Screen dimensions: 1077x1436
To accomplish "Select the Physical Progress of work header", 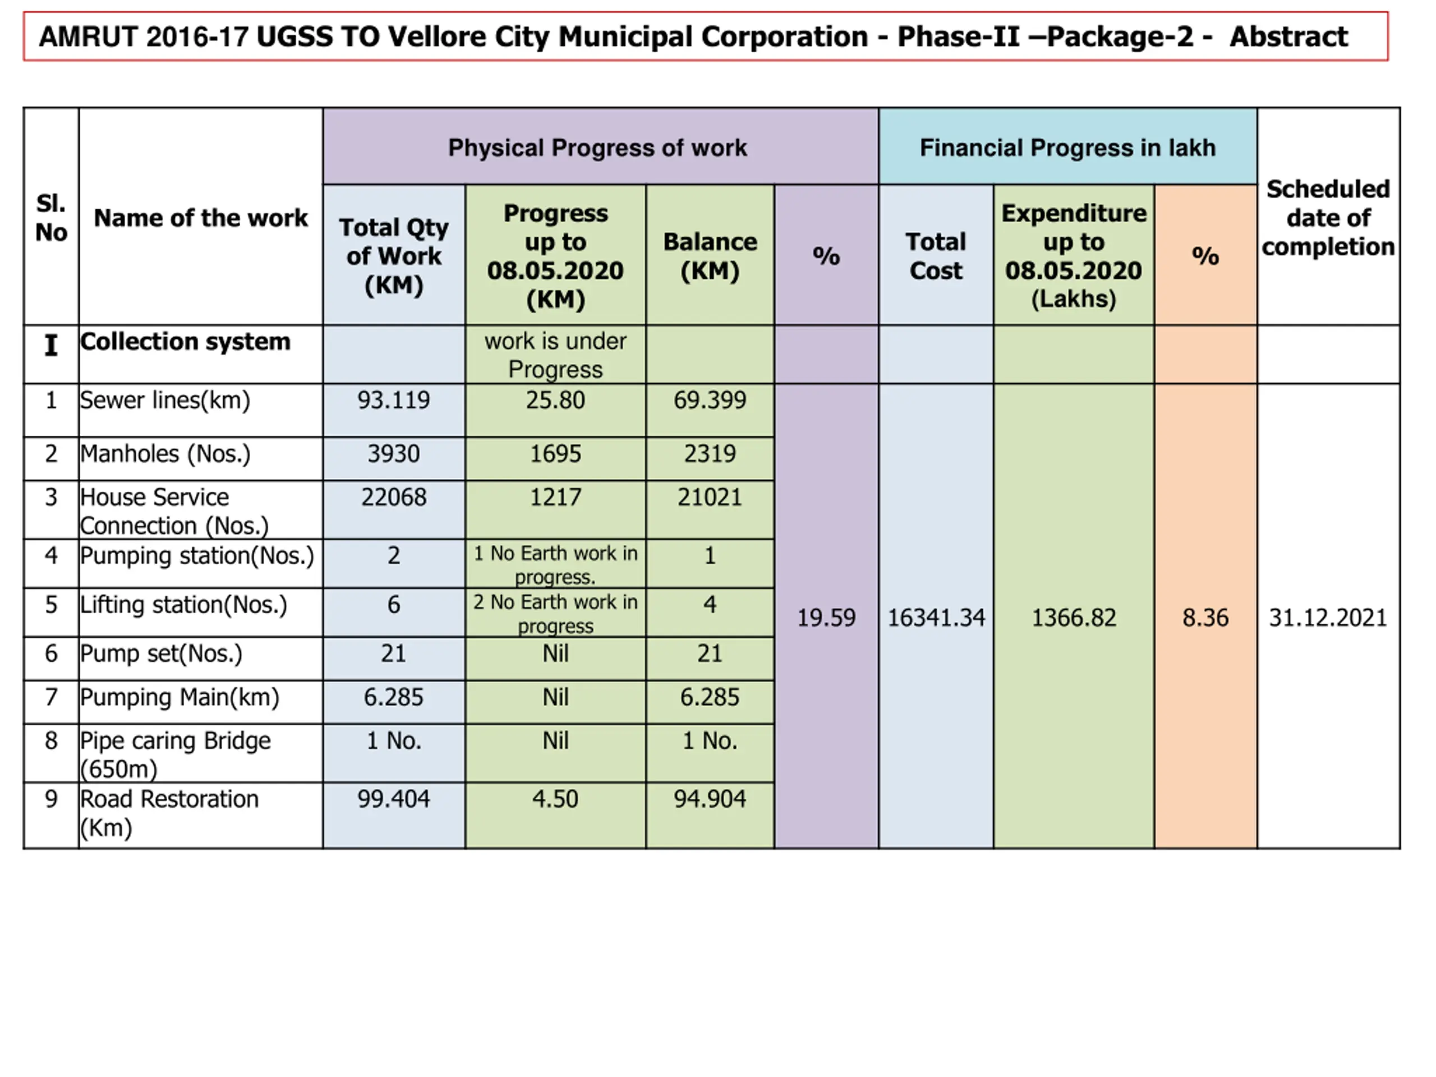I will (x=597, y=148).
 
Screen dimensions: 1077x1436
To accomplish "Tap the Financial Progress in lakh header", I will (x=1067, y=148).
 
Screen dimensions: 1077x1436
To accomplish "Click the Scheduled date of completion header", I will (x=1328, y=218).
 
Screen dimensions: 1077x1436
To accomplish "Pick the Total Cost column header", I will (x=936, y=256).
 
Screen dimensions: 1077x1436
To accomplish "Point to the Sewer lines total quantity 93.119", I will (x=393, y=401).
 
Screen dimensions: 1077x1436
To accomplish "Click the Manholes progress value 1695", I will (x=555, y=454).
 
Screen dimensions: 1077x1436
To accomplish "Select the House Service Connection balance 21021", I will (x=710, y=498).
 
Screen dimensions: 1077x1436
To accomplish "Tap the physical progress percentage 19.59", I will (x=826, y=618).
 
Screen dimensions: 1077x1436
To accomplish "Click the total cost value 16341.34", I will (x=936, y=618).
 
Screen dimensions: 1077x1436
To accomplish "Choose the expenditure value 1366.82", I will (x=1073, y=618).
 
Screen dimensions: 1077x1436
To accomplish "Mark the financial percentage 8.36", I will (x=1205, y=618).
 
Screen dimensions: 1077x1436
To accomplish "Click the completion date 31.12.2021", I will (x=1328, y=618).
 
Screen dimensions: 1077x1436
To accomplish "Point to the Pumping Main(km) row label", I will (x=180, y=697).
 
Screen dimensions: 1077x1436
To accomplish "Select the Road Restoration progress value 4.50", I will (x=555, y=799).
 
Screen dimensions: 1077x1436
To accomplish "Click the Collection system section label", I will (x=185, y=342).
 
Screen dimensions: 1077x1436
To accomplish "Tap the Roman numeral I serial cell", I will (x=50, y=345).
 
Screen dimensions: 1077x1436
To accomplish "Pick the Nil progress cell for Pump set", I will (x=555, y=653).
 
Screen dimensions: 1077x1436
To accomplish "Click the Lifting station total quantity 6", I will (x=393, y=605).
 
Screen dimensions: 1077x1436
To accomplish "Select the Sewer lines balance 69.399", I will (x=710, y=401).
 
